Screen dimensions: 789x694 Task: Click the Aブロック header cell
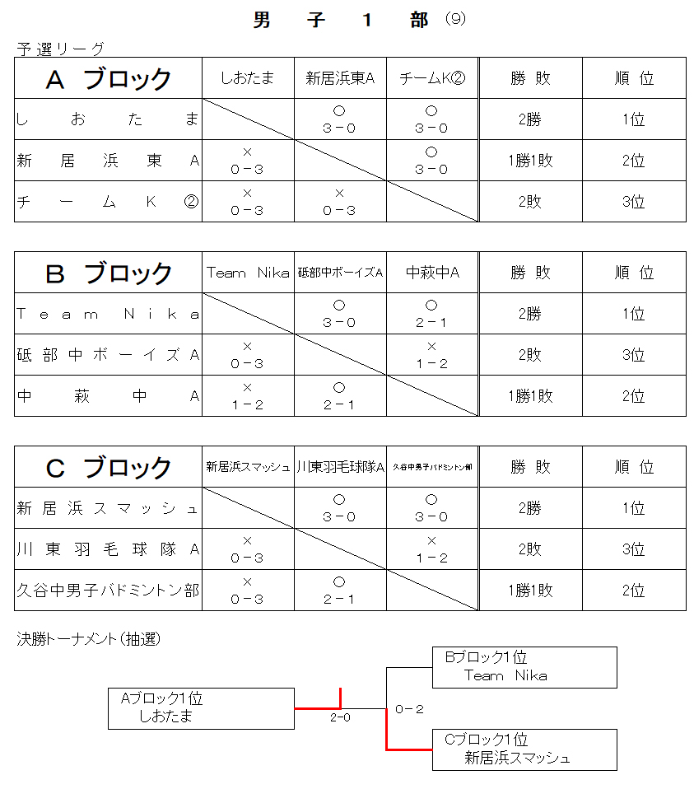click(x=109, y=78)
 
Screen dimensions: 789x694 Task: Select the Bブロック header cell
click(x=109, y=273)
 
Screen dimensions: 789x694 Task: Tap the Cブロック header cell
click(x=109, y=467)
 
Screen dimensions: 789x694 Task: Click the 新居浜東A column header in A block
click(x=340, y=78)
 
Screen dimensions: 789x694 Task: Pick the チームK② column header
click(x=432, y=78)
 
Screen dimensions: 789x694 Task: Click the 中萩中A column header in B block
click(x=432, y=273)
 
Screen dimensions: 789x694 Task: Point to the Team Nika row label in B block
click(x=109, y=314)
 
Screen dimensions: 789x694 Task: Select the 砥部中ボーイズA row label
click(x=109, y=355)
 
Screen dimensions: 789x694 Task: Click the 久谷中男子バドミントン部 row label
click(x=109, y=591)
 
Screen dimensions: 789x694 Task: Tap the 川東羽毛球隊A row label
click(x=109, y=549)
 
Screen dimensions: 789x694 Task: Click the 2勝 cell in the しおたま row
click(x=530, y=119)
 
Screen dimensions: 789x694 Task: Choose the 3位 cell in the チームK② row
click(x=634, y=202)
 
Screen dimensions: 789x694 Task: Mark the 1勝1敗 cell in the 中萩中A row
click(x=530, y=396)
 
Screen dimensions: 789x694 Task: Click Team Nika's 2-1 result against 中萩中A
click(x=432, y=314)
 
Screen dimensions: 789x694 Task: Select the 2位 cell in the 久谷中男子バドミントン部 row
click(x=634, y=591)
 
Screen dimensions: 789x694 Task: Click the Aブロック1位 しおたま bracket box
click(x=201, y=708)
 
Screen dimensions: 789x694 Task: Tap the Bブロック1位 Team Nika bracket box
click(x=524, y=667)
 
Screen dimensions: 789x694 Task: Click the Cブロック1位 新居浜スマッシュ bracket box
click(x=524, y=749)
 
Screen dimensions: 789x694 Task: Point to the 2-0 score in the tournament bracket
click(x=340, y=717)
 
